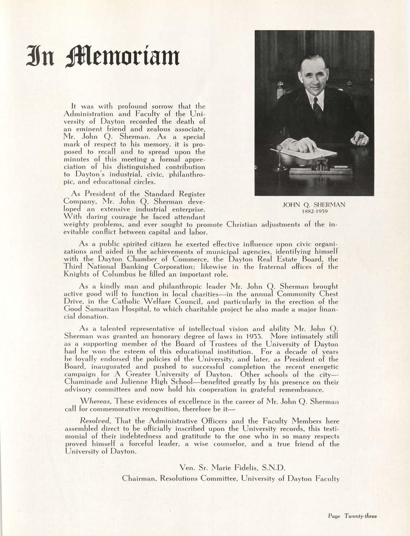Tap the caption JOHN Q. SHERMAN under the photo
314,205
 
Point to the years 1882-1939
313,212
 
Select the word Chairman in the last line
135,479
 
